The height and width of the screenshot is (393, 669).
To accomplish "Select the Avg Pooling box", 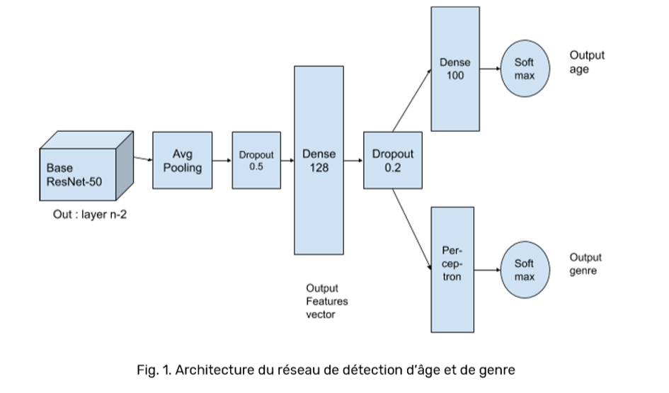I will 182,161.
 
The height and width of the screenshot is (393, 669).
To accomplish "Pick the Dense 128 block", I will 319,160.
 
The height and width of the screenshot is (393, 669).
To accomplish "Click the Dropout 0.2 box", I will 392,161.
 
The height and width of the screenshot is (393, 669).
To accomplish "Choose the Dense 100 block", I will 455,69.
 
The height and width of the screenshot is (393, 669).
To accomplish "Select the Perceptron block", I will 452,270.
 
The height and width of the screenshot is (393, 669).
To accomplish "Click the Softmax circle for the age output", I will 525,69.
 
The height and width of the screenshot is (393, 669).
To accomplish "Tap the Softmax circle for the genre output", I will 525,270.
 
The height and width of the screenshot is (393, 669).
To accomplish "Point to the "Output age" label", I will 587,62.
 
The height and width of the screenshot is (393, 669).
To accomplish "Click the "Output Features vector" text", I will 326,301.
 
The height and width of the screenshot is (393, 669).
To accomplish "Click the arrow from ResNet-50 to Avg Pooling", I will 143,159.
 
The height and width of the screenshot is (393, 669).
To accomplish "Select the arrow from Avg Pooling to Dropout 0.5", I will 222,161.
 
